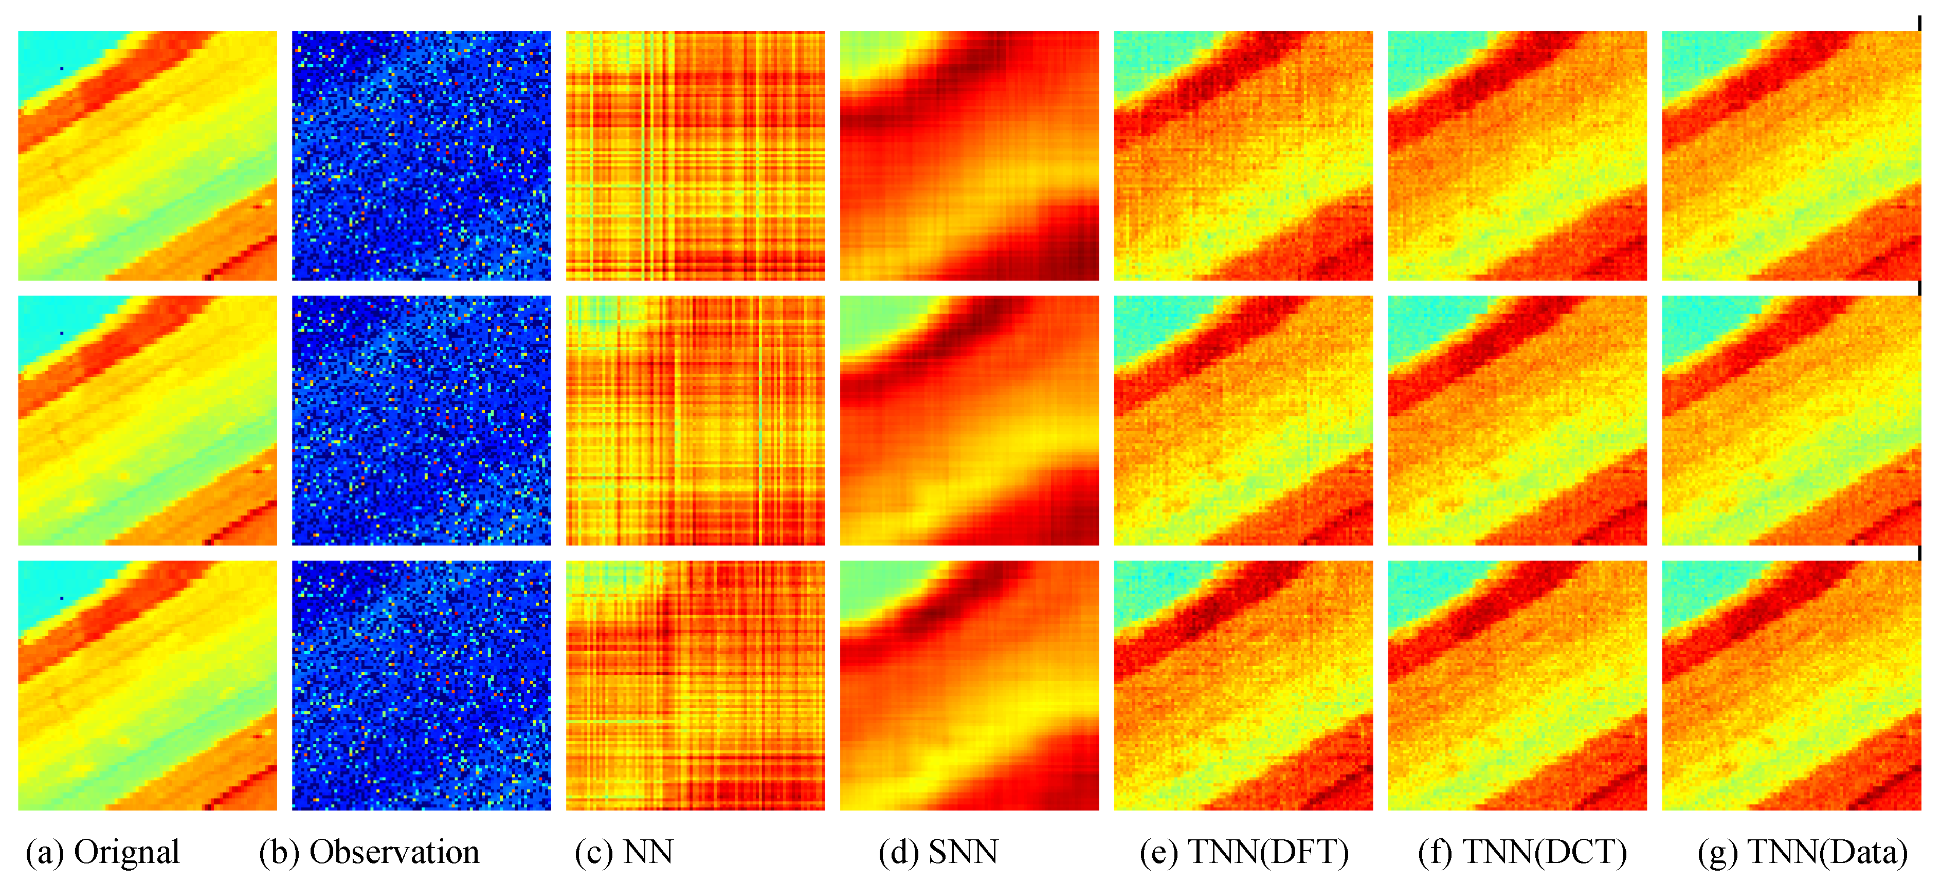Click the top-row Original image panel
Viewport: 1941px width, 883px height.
pos(148,155)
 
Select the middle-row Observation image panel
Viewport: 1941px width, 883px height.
pos(421,420)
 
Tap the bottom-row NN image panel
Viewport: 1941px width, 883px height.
pos(696,685)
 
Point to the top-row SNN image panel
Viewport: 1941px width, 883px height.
pos(969,155)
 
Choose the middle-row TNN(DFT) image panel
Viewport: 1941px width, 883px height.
pos(1243,420)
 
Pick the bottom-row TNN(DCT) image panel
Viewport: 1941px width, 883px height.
pos(1517,685)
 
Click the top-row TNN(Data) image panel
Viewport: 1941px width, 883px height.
pos(1791,155)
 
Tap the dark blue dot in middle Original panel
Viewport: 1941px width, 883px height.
pos(62,333)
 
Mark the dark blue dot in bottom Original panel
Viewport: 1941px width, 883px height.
pos(62,598)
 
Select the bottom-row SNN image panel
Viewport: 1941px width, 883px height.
pos(969,685)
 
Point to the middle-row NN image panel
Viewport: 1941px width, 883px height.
pos(696,420)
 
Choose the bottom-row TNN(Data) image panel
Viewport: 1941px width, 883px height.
pos(1791,685)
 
